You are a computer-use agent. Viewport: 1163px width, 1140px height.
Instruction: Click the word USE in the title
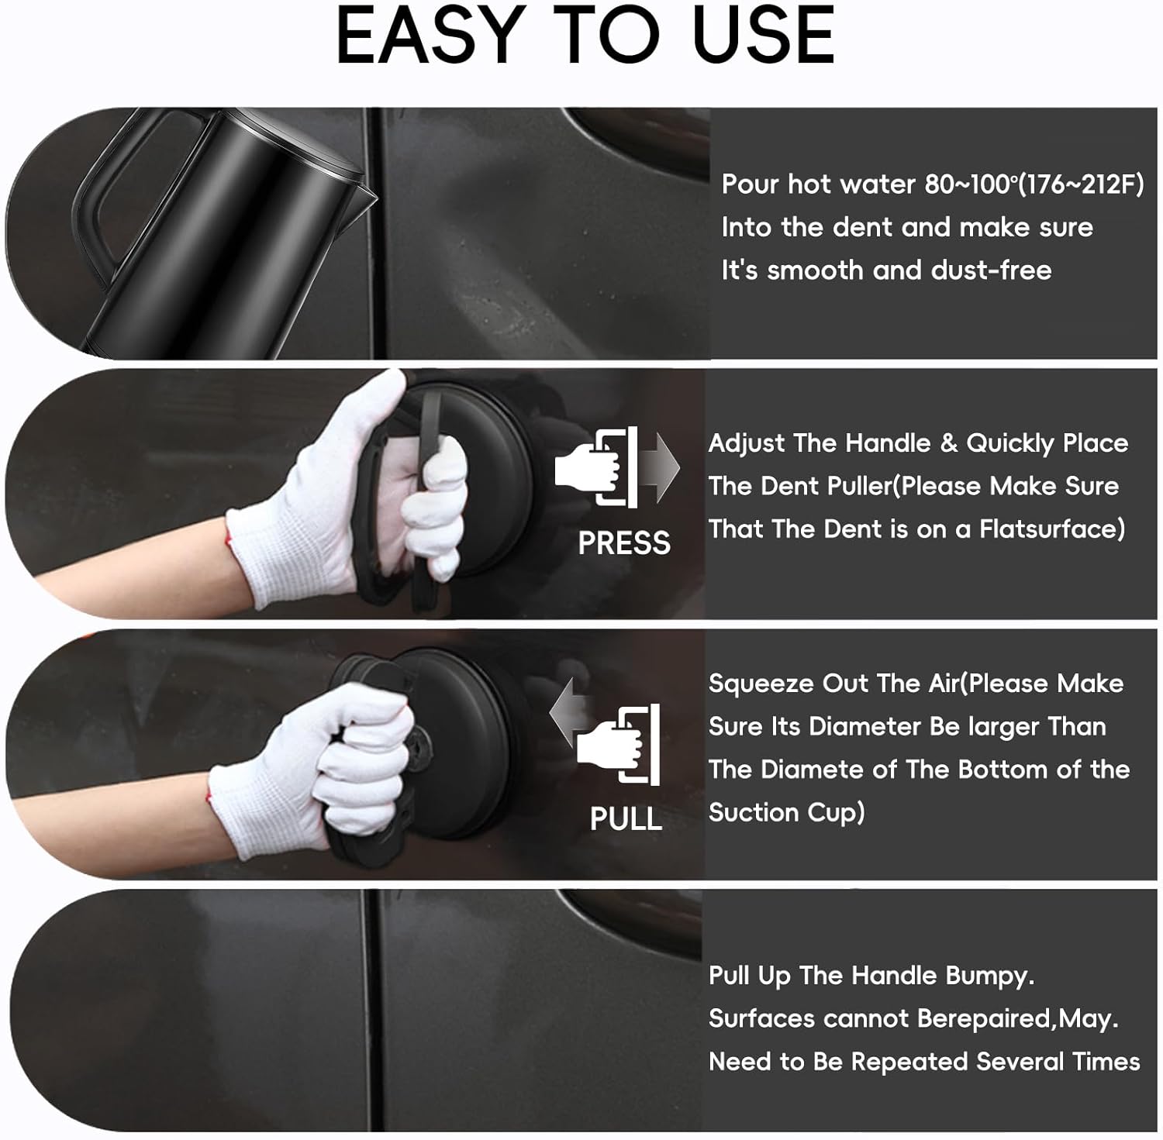tap(764, 36)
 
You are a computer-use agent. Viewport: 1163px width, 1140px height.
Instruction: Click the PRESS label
tap(624, 543)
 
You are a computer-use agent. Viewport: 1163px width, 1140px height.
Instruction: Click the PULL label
tap(626, 819)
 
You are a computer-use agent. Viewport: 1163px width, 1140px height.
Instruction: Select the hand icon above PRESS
tap(596, 467)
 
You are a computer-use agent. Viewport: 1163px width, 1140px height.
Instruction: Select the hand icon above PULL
tap(619, 745)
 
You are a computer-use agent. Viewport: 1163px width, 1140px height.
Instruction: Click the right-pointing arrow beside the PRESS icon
tap(660, 467)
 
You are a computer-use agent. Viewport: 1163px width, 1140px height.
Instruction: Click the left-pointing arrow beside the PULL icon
tap(570, 711)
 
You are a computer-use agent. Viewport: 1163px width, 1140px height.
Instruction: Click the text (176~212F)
tap(1080, 185)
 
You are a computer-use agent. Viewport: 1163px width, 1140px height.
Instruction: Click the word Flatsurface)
tap(1052, 529)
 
